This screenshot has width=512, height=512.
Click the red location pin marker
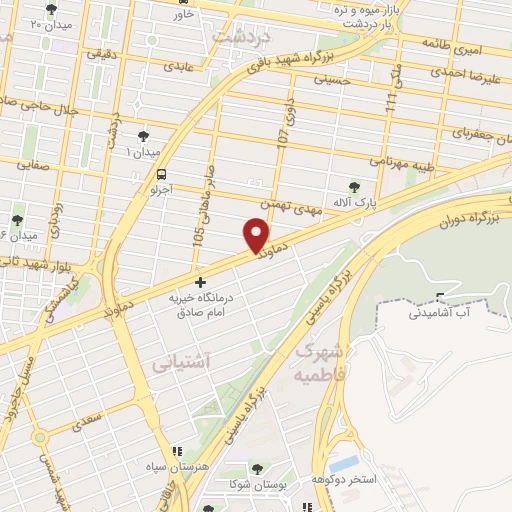tap(256, 237)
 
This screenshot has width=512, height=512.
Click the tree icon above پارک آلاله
tap(353, 187)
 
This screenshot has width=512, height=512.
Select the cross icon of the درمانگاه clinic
tap(201, 283)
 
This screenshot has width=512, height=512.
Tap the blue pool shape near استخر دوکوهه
tap(344, 465)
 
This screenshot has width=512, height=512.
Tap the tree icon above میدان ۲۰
tap(51, 9)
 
